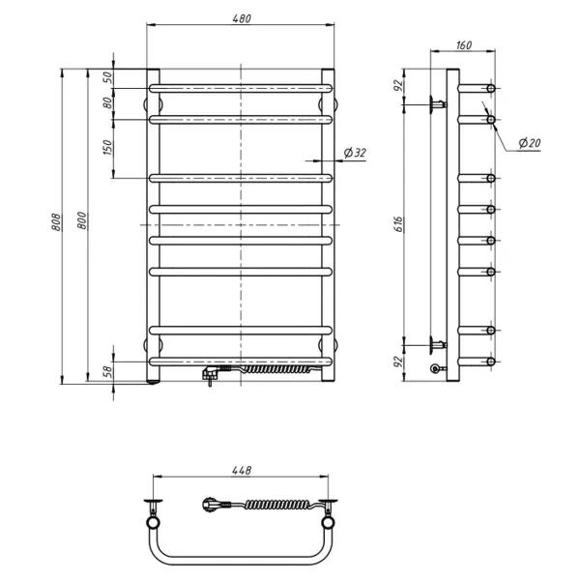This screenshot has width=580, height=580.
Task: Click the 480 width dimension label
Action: [242, 18]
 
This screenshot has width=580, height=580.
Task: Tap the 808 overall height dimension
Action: [56, 222]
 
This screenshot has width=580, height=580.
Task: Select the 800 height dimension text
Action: [82, 220]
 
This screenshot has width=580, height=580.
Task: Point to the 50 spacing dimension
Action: [107, 77]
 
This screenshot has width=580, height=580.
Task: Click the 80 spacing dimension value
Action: [107, 102]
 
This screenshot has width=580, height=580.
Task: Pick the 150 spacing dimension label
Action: [107, 147]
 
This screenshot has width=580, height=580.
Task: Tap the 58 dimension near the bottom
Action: [106, 372]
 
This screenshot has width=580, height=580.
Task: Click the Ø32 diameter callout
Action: [355, 153]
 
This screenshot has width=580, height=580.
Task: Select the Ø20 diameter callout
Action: [530, 142]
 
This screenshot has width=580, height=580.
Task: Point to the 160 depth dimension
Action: [463, 45]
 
